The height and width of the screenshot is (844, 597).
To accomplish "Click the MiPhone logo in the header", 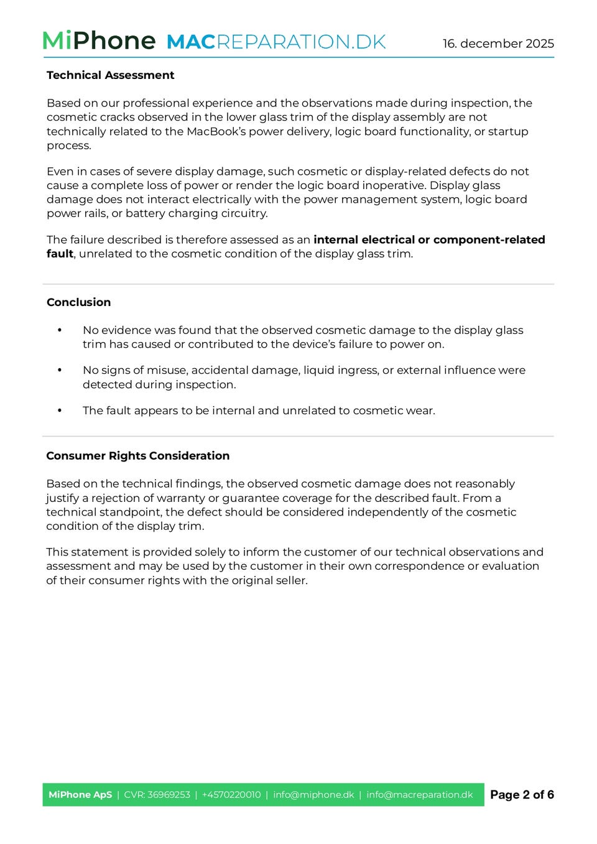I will tap(99, 41).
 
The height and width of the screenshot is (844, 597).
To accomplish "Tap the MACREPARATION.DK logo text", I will tap(276, 42).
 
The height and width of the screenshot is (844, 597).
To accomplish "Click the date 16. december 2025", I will tap(498, 44).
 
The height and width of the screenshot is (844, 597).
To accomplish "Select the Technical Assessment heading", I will tap(110, 75).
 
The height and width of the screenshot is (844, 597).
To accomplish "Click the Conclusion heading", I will tap(78, 302).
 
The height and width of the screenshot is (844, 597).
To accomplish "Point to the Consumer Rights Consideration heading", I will tap(137, 456).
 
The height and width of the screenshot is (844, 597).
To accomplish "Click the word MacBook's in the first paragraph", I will tap(216, 131).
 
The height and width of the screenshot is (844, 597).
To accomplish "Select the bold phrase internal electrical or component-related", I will tap(429, 239).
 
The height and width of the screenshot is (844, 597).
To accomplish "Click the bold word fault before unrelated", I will tap(60, 254).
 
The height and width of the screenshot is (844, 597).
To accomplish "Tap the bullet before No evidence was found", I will tap(60, 330).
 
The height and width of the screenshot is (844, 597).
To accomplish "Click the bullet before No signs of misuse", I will tap(60, 370).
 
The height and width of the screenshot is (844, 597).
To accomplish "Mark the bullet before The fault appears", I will tap(60, 410).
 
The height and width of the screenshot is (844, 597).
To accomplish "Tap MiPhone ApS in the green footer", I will tap(80, 795).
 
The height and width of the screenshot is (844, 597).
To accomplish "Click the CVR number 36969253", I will tap(169, 795).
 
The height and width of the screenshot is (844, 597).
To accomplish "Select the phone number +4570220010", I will tap(231, 795).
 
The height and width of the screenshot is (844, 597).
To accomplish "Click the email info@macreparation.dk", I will tap(420, 795).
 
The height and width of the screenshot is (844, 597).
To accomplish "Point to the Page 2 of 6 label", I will tap(522, 795).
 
